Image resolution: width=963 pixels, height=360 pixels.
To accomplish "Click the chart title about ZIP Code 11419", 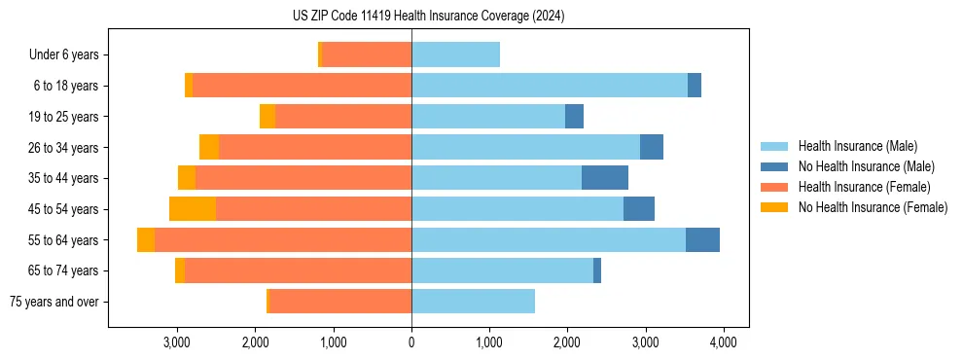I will click(429, 17).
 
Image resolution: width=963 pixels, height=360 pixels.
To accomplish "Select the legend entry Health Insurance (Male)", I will click(856, 146).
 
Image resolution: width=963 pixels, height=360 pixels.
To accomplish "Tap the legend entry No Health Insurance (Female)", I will click(873, 207).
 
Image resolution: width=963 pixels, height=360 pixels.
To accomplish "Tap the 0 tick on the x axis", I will click(411, 342).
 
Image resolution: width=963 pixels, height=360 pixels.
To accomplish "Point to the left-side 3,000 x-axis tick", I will click(177, 342).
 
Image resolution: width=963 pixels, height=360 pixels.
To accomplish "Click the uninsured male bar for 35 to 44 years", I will click(605, 178).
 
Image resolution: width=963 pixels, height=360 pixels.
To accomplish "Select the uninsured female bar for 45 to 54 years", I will click(193, 209).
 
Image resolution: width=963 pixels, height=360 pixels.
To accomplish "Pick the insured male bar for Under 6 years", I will click(455, 55).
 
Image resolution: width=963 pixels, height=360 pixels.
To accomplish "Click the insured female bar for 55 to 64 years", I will click(283, 240).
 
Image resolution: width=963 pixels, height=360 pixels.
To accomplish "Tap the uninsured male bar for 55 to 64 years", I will click(702, 240).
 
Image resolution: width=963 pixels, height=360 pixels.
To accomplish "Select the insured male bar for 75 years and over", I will click(473, 302).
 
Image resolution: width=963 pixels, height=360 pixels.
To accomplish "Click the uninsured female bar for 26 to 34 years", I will click(209, 148).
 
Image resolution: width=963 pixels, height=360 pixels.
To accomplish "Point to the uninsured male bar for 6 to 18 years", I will click(695, 86).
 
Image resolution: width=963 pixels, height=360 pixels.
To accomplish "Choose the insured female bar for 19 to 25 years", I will click(343, 117).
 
